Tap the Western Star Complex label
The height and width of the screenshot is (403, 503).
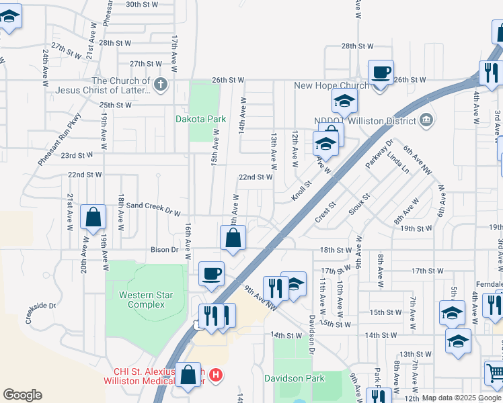pyautogui.click(x=142, y=300)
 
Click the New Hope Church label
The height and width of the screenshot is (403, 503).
pyautogui.click(x=332, y=85)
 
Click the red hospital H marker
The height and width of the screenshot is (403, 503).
pyautogui.click(x=216, y=373)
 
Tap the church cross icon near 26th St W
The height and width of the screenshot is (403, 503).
pyautogui.click(x=159, y=85)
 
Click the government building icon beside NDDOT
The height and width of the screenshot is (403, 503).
pyautogui.click(x=426, y=120)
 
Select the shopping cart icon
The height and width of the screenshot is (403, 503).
pyautogui.click(x=494, y=371)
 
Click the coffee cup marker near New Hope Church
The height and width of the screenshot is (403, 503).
pyautogui.click(x=381, y=71)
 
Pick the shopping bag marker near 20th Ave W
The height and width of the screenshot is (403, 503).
pyautogui.click(x=93, y=217)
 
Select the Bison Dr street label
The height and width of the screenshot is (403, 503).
pyautogui.click(x=165, y=250)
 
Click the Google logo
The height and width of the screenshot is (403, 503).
pyautogui.click(x=22, y=395)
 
